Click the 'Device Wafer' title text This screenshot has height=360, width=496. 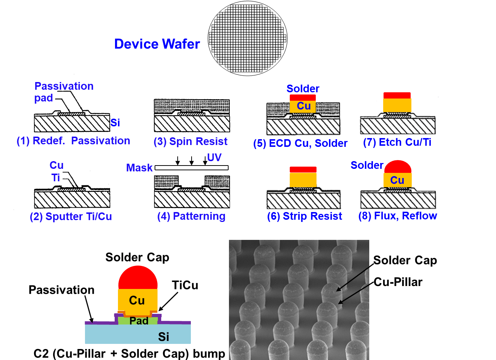pyautogui.click(x=157, y=44)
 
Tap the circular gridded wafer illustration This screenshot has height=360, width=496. pyautogui.click(x=248, y=38)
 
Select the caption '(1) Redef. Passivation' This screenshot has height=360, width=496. pyautogui.click(x=73, y=141)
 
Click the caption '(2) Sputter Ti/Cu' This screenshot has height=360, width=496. pyautogui.click(x=71, y=216)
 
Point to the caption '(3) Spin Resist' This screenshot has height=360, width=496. pyautogui.click(x=190, y=141)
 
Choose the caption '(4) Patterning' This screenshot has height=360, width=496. pyautogui.click(x=191, y=216)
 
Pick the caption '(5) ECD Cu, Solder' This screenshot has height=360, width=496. pyautogui.click(x=300, y=143)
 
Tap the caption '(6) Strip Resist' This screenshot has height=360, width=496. pyautogui.click(x=304, y=216)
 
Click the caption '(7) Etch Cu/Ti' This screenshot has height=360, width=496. pyautogui.click(x=397, y=142)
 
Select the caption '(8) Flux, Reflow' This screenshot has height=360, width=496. pyautogui.click(x=397, y=216)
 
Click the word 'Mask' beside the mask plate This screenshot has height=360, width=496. pyautogui.click(x=139, y=168)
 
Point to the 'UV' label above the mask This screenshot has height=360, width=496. pyautogui.click(x=214, y=157)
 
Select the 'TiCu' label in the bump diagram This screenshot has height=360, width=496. pyautogui.click(x=185, y=285)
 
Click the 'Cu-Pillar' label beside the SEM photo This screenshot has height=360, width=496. pyautogui.click(x=398, y=282)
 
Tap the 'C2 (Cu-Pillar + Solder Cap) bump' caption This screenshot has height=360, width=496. pyautogui.click(x=129, y=354)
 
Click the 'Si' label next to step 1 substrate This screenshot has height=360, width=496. pyautogui.click(x=115, y=123)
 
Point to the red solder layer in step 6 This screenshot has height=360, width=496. pyautogui.click(x=303, y=170)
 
